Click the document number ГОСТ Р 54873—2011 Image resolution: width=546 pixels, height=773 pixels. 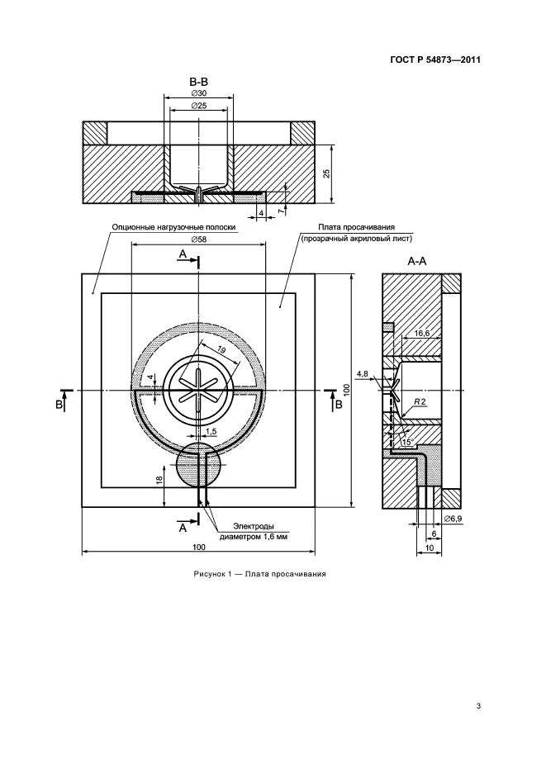point(434,59)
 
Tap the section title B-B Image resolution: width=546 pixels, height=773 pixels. point(198,81)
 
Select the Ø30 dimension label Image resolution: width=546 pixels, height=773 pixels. point(198,93)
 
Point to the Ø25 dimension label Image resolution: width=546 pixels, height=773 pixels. point(198,106)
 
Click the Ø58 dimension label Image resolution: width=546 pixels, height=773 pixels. point(199,239)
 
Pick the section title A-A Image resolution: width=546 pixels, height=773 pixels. point(416,262)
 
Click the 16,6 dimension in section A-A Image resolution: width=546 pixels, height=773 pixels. point(422,334)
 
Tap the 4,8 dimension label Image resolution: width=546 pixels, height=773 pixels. point(363,373)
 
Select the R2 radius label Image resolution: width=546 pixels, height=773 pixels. point(420,402)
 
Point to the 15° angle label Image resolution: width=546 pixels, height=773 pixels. point(407,442)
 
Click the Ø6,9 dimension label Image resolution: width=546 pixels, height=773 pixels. point(453,519)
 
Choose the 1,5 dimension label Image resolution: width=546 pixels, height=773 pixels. point(211,431)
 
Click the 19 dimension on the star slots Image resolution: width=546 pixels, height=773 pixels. point(221,350)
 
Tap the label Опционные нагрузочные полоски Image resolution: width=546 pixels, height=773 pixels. point(173,227)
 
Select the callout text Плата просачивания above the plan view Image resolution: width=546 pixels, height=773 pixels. point(356,227)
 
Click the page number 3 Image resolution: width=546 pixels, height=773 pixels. point(478,706)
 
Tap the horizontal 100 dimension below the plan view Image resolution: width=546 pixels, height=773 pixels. point(198,547)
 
